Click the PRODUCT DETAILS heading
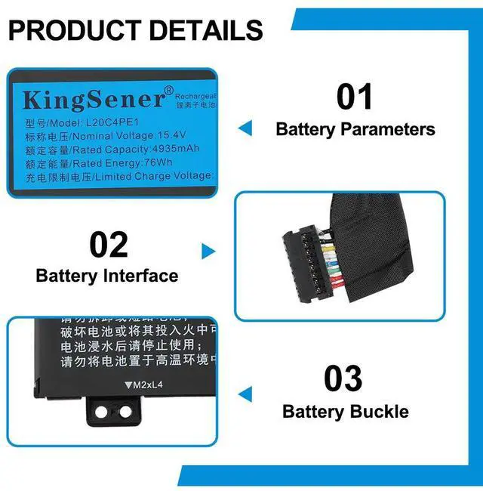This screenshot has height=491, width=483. point(136,30)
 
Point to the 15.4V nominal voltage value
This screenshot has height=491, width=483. point(171,135)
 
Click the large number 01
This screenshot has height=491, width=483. point(355,97)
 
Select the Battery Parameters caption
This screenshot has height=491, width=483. point(355,129)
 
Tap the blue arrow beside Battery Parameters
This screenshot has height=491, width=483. point(245,128)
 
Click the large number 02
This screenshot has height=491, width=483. point(109,245)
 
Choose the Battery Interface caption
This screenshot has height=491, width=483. point(107,276)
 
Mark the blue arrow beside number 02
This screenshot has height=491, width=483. point(208,252)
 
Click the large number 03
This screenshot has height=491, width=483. point(343,378)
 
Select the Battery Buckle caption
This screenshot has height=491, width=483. point(346,412)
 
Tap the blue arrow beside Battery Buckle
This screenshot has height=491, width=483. point(245,394)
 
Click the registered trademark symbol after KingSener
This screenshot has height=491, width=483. point(168,91)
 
